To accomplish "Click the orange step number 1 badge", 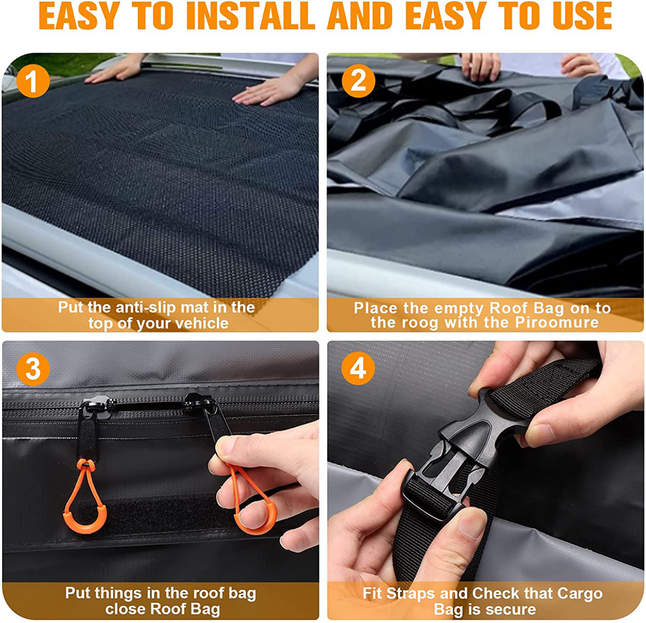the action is click(x=33, y=80).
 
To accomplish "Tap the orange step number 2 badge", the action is click(x=358, y=80).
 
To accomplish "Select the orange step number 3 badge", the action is click(x=33, y=369).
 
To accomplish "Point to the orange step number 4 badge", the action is click(x=358, y=369).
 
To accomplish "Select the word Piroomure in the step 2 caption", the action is click(x=556, y=323).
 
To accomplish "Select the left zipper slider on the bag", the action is click(x=95, y=406).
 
